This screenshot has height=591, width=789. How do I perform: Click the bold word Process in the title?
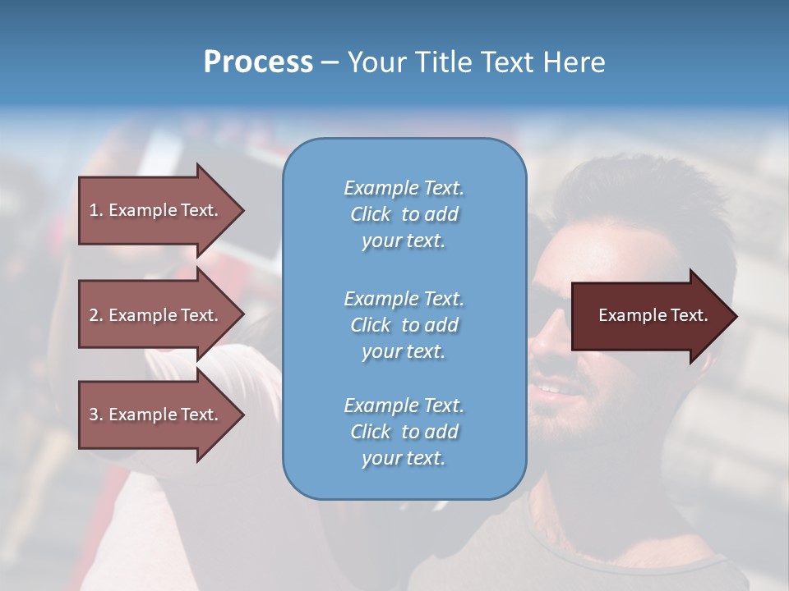click(x=258, y=62)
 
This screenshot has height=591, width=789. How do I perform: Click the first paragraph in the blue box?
click(x=404, y=214)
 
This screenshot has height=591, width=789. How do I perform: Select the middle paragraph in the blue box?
click(x=404, y=325)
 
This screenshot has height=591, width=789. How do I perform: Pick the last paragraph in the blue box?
click(x=404, y=432)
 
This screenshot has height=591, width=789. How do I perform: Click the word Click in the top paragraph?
click(x=370, y=214)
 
